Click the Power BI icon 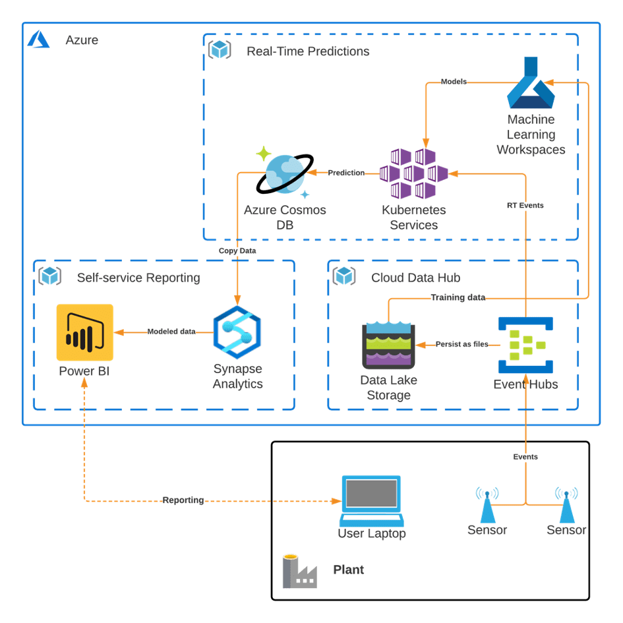pyautogui.click(x=85, y=332)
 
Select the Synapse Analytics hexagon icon pyautogui.click(x=237, y=332)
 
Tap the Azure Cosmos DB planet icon pyautogui.click(x=285, y=173)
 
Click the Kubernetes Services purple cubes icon pyautogui.click(x=414, y=173)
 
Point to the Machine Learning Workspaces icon pyautogui.click(x=531, y=84)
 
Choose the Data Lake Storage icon pyautogui.click(x=388, y=345)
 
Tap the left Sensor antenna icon pyautogui.click(x=487, y=504)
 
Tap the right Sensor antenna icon pyautogui.click(x=566, y=504)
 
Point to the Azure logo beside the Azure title pyautogui.click(x=40, y=41)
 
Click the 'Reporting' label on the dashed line pyautogui.click(x=183, y=500)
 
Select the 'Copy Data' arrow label pyautogui.click(x=237, y=251)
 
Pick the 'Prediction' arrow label pyautogui.click(x=346, y=173)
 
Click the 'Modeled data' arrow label pyautogui.click(x=171, y=332)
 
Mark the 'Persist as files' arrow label pyautogui.click(x=461, y=344)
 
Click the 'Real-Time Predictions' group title pyautogui.click(x=308, y=51)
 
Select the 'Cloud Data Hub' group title pyautogui.click(x=415, y=278)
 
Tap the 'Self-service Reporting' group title pyautogui.click(x=138, y=278)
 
